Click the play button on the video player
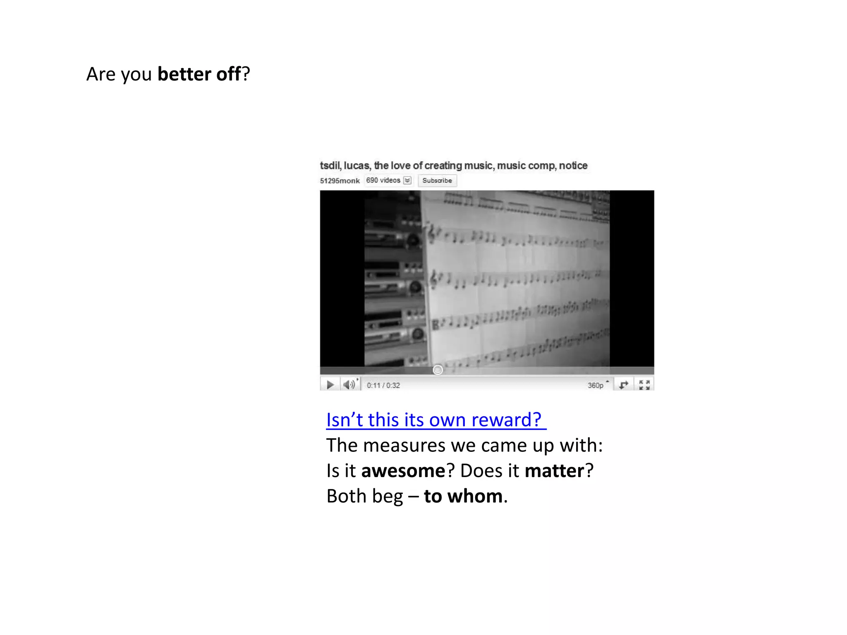[330, 385]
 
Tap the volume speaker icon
[349, 385]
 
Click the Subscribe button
[437, 181]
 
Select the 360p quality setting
[596, 385]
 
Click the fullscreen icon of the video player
[644, 385]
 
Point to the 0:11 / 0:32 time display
[383, 385]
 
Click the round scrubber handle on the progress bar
[438, 370]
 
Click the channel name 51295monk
[340, 181]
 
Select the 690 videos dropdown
[388, 181]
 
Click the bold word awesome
[403, 471]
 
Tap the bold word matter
[554, 471]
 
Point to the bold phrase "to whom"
[463, 496]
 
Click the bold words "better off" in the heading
[199, 74]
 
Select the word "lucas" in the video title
[357, 166]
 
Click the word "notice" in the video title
[573, 166]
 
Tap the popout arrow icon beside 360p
[623, 385]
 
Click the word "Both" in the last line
[343, 496]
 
